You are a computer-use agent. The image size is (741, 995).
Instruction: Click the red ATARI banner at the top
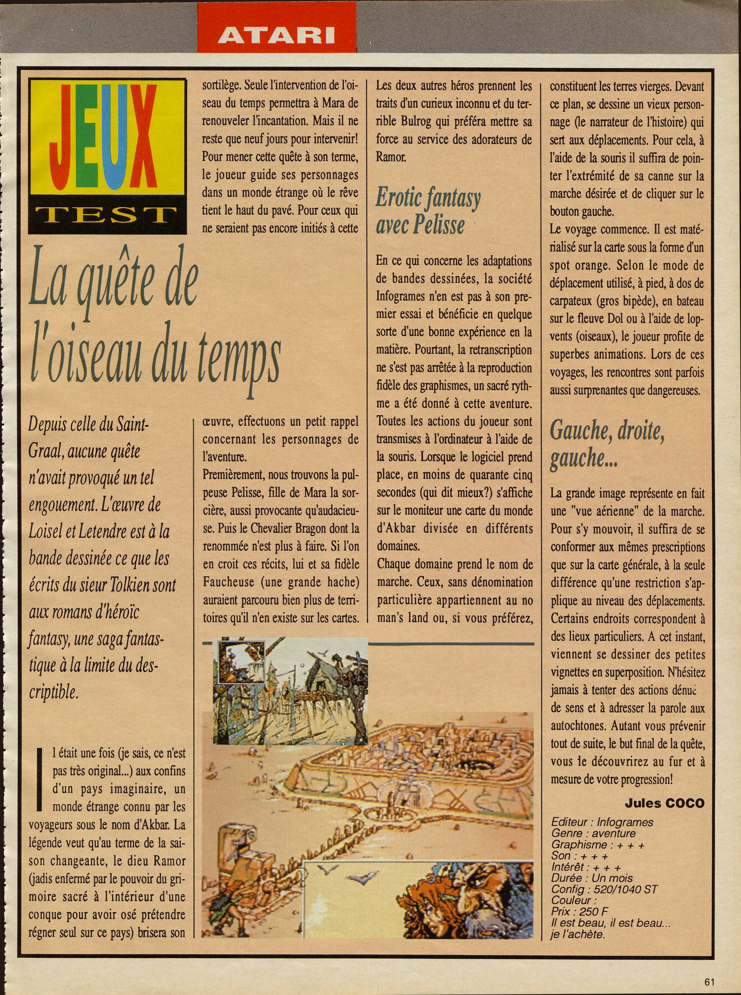[276, 34]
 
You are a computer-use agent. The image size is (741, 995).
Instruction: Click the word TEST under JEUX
[107, 216]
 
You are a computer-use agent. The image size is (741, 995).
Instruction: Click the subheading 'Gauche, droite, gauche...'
[607, 445]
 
